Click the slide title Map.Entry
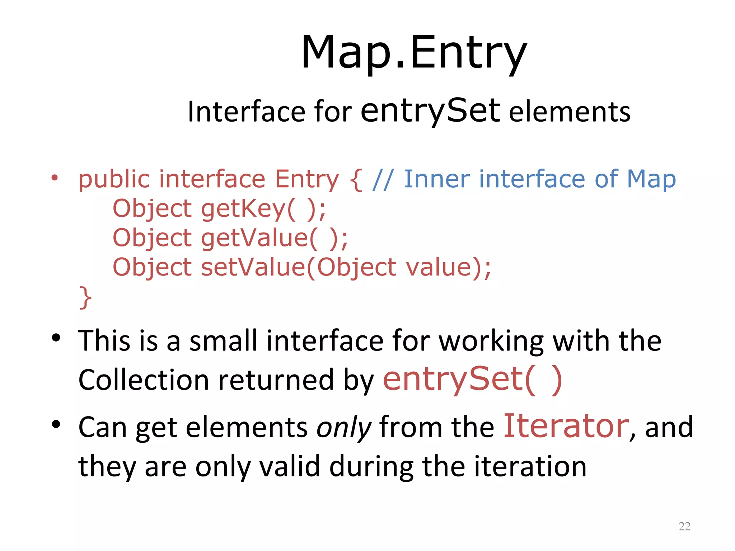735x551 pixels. [x=414, y=53]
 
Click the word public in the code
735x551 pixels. [x=114, y=179]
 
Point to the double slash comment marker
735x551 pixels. [x=383, y=179]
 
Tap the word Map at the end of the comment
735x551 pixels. [x=651, y=179]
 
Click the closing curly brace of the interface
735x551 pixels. [x=85, y=297]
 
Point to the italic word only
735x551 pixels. [x=343, y=428]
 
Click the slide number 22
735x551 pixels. [x=684, y=526]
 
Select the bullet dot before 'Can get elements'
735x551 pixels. [x=56, y=424]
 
